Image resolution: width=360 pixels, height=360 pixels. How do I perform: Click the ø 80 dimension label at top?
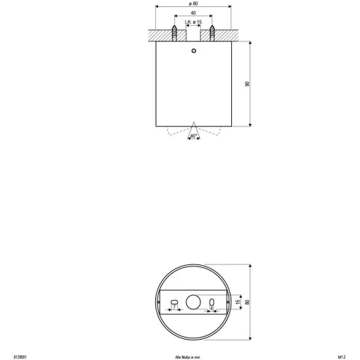pos(192,4)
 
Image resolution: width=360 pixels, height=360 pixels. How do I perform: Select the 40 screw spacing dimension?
pos(193,13)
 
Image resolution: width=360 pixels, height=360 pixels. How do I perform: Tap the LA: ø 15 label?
pos(193,22)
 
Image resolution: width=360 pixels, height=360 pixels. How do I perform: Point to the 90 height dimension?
pos(247,84)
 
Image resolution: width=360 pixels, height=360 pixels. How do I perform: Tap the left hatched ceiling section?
pos(160,33)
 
